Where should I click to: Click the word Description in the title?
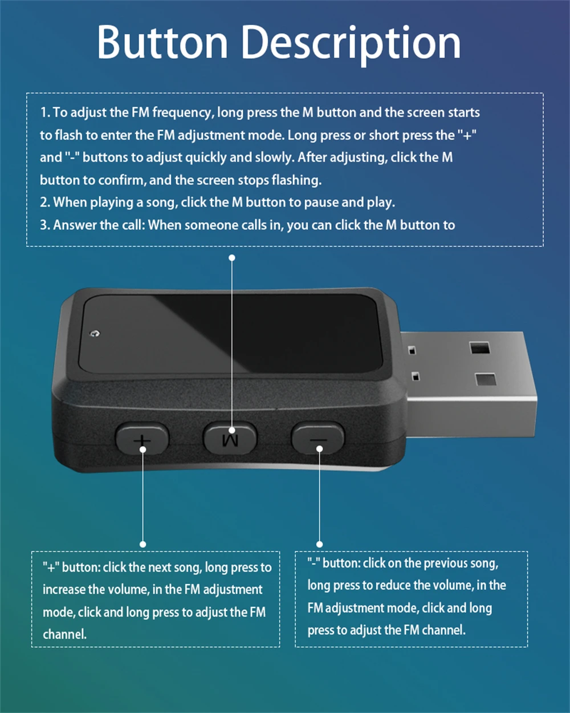coord(352,44)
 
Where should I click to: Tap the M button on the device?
coord(230,438)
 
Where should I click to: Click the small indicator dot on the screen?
coord(95,333)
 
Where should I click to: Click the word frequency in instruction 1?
coord(181,113)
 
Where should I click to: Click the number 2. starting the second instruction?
coord(45,202)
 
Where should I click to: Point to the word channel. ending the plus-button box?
coord(64,634)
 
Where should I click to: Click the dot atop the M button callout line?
coord(232,258)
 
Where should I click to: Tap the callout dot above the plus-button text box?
coord(142,544)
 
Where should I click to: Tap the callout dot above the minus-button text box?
coord(319,544)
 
